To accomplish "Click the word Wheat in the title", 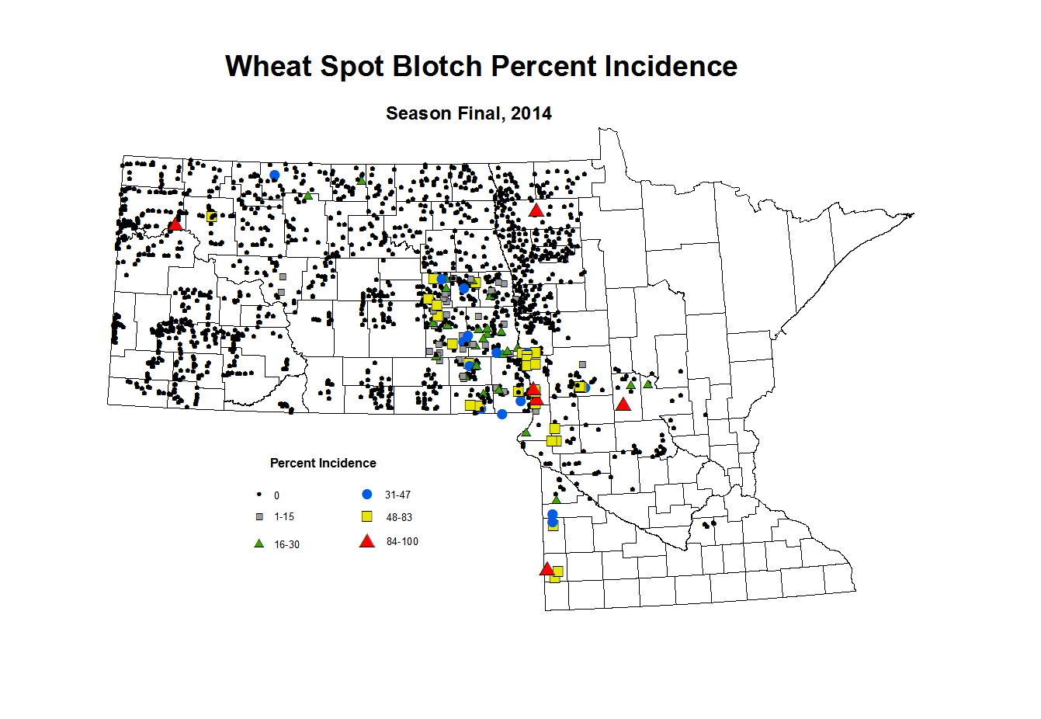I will tap(269, 67).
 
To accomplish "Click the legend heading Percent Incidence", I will tap(323, 464).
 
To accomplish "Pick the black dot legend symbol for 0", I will tap(259, 495).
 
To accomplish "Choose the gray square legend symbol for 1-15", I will tap(259, 516).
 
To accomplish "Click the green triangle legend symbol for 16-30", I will tap(259, 544).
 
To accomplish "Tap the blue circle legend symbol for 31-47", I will tap(367, 494).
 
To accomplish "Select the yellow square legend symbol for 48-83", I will tap(367, 516).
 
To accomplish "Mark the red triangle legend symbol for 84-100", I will tap(367, 541).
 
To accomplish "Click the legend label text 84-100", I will tap(402, 542).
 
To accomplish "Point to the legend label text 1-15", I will tap(284, 517).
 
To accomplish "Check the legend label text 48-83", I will tap(399, 517).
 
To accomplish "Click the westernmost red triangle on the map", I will tap(175, 224).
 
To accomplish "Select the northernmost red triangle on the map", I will tap(536, 210).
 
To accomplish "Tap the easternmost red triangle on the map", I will tap(623, 404).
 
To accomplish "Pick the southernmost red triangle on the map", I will tap(547, 569).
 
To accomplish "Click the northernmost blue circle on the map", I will tap(274, 175).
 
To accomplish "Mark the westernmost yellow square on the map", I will tap(211, 217).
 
